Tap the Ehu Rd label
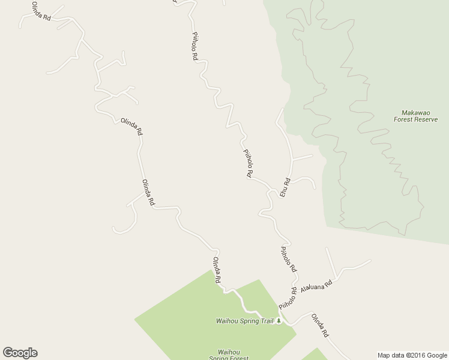[x=286, y=186]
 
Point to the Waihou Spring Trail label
[x=244, y=321]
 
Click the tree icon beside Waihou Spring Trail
[x=279, y=321]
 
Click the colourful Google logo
[x=20, y=353]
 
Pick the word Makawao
[x=415, y=112]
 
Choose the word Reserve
[x=426, y=119]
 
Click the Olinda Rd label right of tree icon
[x=319, y=325]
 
